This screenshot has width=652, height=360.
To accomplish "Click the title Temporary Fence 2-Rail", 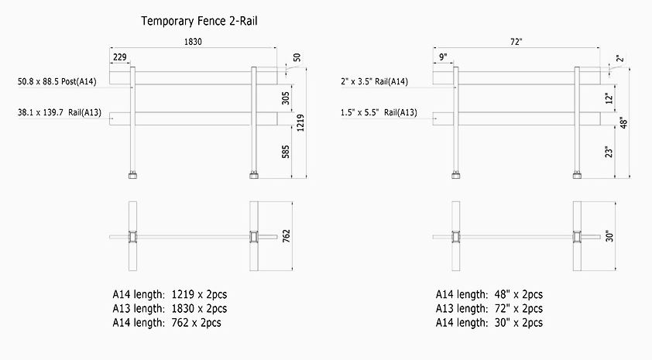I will pos(198,22).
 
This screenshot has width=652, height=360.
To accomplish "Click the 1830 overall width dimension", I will pos(193,43).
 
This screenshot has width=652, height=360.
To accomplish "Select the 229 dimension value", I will pos(120,57).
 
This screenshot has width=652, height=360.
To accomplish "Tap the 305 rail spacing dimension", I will pos(285,98).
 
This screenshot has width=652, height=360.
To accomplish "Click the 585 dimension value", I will pos(285,150).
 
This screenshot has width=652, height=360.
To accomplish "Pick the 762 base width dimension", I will pos(287,236).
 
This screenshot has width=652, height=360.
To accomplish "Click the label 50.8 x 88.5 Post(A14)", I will pos(57,81).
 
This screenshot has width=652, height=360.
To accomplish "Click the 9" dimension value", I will pos(443,57).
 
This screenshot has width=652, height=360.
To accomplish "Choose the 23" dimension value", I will pos(609,152).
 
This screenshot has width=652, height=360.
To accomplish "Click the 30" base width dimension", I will pos(609,236).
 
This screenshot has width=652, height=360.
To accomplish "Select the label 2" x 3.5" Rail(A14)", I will pos(374,81).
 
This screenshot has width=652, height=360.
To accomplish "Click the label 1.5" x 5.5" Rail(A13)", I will pos(379,113).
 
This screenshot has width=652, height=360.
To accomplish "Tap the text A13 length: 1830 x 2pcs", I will pos(170,308).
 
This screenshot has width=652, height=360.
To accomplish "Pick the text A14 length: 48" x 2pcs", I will pos(489,294).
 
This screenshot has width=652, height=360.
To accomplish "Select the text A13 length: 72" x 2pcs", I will pos(489,308).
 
